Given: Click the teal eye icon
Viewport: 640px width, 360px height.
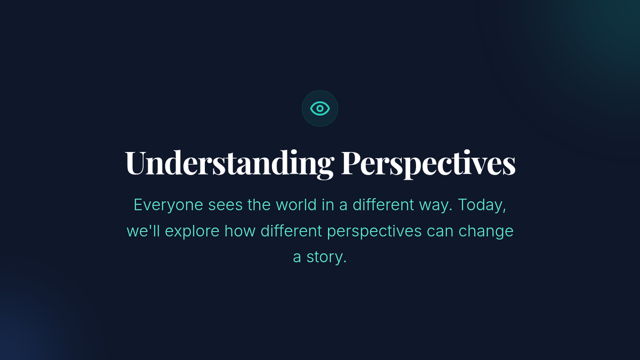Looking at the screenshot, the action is click(320, 109).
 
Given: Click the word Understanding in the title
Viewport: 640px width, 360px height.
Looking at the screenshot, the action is click(229, 163).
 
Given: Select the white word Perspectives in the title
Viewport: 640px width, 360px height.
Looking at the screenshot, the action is click(429, 163).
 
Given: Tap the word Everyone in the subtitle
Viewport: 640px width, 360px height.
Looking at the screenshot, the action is click(169, 205).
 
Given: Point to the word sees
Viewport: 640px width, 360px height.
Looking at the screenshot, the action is click(225, 205).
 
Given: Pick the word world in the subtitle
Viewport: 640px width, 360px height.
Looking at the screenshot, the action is click(296, 205).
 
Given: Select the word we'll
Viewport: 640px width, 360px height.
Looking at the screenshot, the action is click(143, 231).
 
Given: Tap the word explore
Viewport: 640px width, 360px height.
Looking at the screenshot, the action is click(192, 231).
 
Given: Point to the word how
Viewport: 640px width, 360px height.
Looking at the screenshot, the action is click(239, 231).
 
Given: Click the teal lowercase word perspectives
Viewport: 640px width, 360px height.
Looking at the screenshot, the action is click(374, 231).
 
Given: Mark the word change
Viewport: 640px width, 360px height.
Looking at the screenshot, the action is click(486, 231).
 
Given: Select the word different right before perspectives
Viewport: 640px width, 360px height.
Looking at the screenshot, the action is click(291, 230).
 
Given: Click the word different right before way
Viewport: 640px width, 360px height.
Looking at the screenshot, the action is click(383, 205).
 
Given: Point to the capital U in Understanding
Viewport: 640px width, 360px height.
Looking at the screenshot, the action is click(135, 162).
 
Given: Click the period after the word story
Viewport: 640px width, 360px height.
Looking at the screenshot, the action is click(345, 262).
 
